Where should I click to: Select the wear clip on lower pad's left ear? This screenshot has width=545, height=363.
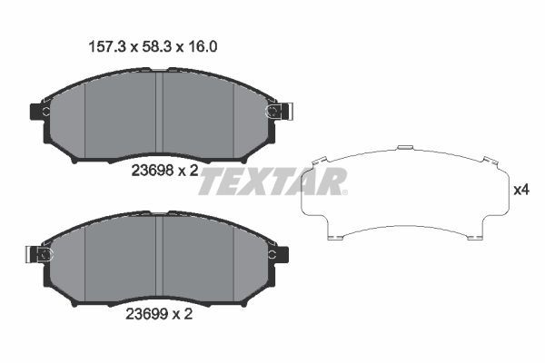(42, 254)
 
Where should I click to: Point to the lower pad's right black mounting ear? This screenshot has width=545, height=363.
(282, 254)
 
